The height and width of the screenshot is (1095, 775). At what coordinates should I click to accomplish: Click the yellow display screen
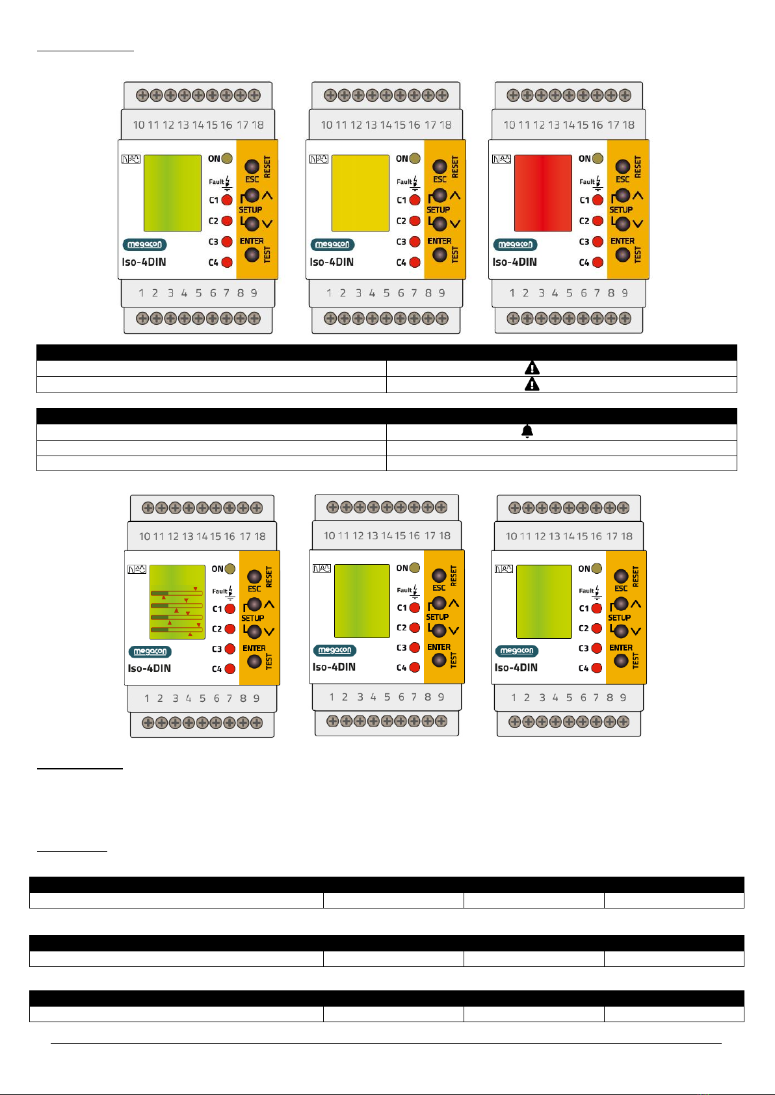pyautogui.click(x=360, y=193)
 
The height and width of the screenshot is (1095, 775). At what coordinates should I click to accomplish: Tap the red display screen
pyautogui.click(x=544, y=193)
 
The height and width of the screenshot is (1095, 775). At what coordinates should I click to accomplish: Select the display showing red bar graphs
pyautogui.click(x=177, y=602)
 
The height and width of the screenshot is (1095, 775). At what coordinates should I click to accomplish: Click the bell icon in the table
pyautogui.click(x=527, y=431)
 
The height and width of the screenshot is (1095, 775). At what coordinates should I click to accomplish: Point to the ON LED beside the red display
pyautogui.click(x=598, y=159)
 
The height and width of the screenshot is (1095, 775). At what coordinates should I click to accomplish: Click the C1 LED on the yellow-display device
pyautogui.click(x=415, y=200)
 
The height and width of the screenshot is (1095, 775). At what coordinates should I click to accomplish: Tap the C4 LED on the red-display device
pyautogui.click(x=598, y=262)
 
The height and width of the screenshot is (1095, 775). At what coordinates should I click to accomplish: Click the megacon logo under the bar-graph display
pyautogui.click(x=150, y=651)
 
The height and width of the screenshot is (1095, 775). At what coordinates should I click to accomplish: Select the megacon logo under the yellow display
pyautogui.click(x=332, y=244)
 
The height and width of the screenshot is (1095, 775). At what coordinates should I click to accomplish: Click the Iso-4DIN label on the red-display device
pyautogui.click(x=514, y=262)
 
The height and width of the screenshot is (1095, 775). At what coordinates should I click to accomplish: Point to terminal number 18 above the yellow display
pyautogui.click(x=445, y=125)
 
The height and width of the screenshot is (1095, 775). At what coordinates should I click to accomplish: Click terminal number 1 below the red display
pyautogui.click(x=512, y=293)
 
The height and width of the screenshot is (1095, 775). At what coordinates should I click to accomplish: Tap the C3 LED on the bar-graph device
pyautogui.click(x=230, y=649)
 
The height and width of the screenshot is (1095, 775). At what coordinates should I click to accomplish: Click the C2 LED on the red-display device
pyautogui.click(x=598, y=221)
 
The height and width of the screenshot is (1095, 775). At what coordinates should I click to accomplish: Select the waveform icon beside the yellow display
pyautogui.click(x=319, y=159)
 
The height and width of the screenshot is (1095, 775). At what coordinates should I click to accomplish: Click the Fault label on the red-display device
pyautogui.click(x=586, y=182)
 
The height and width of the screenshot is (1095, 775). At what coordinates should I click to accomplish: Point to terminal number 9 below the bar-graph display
pyautogui.click(x=256, y=698)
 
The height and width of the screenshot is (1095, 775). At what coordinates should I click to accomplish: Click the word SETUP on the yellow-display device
pyautogui.click(x=438, y=210)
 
